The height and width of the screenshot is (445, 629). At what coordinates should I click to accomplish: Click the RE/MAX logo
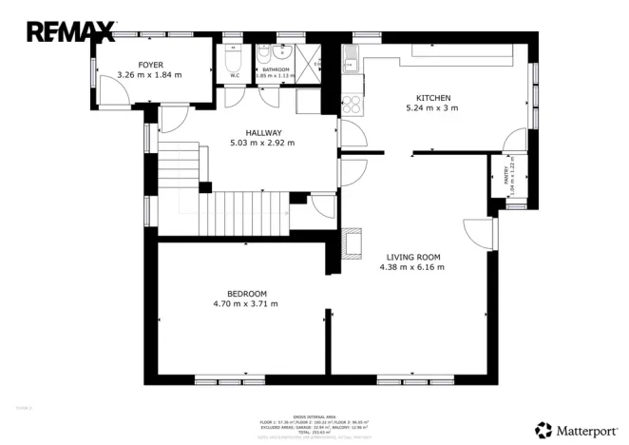click(x=71, y=31)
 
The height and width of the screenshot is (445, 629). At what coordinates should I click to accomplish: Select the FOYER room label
click(x=151, y=65)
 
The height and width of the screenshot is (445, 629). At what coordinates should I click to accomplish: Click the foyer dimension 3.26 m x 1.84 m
click(x=149, y=75)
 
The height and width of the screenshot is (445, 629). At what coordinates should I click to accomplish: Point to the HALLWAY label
click(x=262, y=133)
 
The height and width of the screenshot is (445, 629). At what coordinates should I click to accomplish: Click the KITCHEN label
click(x=432, y=98)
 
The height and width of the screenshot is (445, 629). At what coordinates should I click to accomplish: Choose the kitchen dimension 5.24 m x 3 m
click(x=432, y=108)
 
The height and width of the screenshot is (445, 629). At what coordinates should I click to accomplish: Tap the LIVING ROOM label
click(x=413, y=257)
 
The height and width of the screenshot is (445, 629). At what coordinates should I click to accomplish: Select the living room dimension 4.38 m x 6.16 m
click(x=411, y=267)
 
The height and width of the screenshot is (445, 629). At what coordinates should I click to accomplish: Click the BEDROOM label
click(x=246, y=293)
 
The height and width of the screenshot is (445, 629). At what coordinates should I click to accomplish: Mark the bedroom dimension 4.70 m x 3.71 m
click(x=245, y=303)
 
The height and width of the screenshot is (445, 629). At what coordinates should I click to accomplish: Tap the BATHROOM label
click(x=276, y=69)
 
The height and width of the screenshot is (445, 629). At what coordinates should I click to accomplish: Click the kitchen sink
click(x=352, y=65)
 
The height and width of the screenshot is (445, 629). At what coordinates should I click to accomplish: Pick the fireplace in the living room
click(x=351, y=242)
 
